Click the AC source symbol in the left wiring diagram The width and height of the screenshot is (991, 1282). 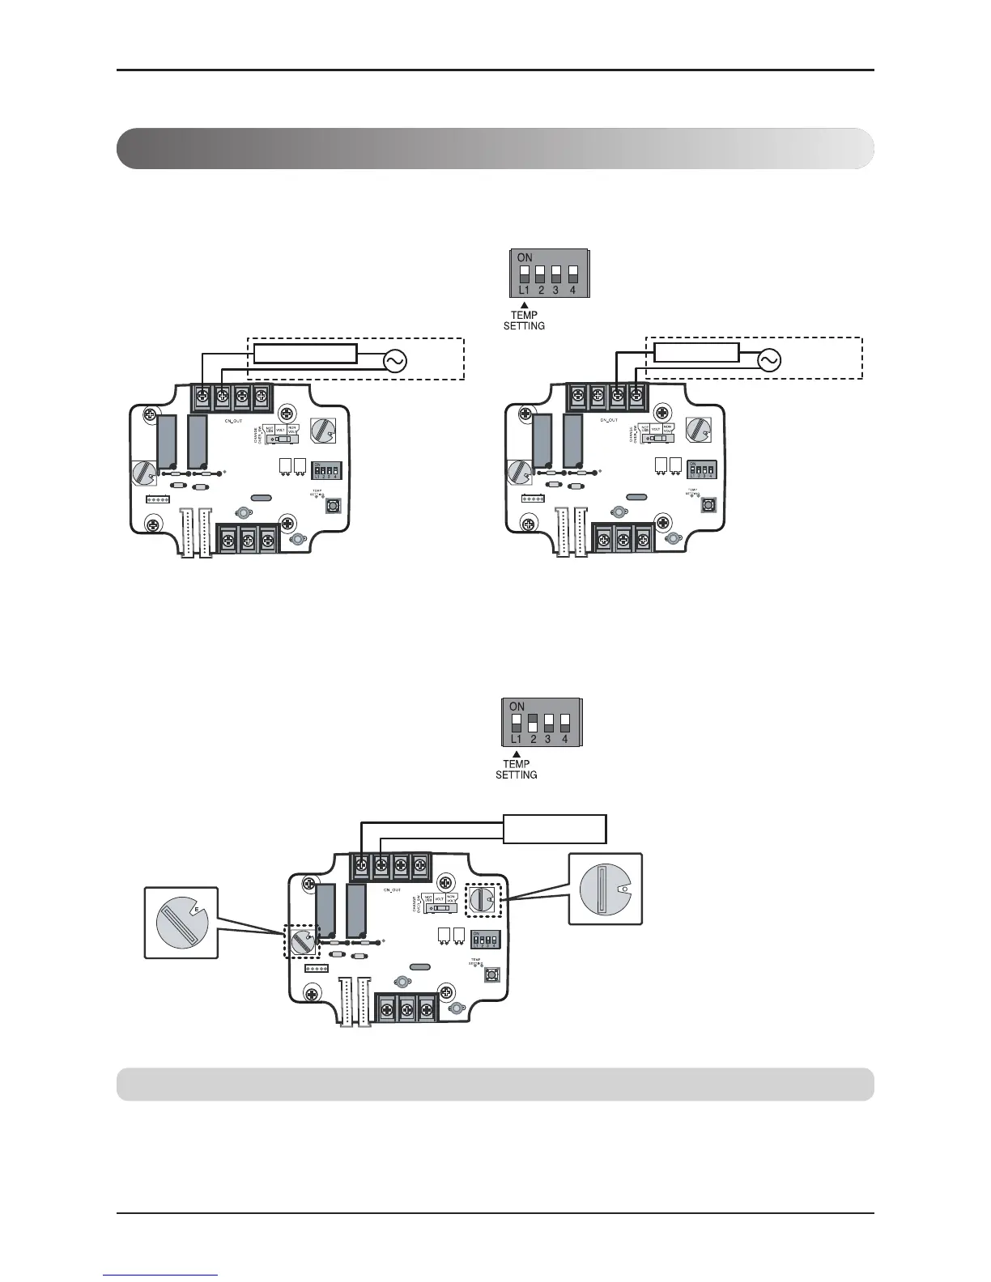point(394,361)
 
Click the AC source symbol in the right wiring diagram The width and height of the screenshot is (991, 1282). point(769,361)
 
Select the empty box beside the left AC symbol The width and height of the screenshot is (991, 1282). point(305,354)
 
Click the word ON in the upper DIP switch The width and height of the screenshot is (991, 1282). point(525,257)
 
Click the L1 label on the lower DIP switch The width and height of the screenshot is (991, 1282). point(517,739)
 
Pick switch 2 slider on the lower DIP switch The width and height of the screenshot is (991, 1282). point(533,722)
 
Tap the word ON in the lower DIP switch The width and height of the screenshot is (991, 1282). point(517,707)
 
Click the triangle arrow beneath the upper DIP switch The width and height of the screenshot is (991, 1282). point(524,304)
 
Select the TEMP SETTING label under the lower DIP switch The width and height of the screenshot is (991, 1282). point(517,769)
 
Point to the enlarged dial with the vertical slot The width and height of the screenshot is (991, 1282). point(605,888)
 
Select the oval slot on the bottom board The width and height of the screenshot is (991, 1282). point(419,966)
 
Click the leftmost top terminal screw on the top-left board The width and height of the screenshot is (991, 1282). point(201,397)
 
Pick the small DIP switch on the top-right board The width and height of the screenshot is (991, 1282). point(701,469)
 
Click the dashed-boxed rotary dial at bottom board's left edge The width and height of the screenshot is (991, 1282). point(304,941)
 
